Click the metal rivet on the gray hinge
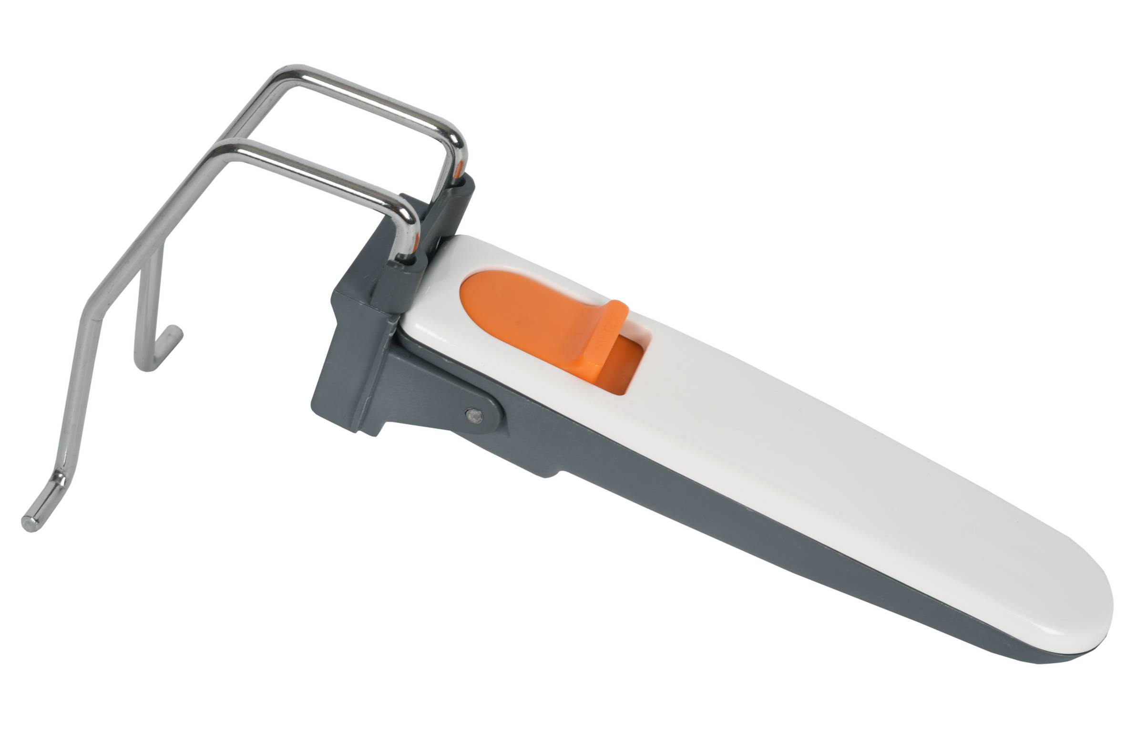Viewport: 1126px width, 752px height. [x=474, y=415]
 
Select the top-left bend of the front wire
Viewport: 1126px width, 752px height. [x=225, y=149]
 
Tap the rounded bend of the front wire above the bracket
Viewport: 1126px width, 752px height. [x=408, y=211]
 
